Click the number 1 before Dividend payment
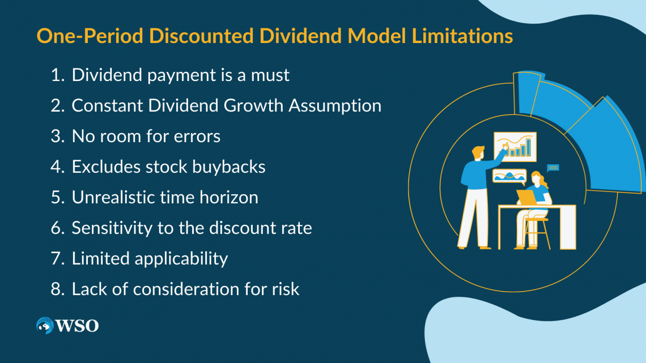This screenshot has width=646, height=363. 56,75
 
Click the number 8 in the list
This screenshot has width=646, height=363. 56,289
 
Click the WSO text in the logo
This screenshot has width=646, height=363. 77,326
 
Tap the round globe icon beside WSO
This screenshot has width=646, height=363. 45,326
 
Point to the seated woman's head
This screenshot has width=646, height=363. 537,179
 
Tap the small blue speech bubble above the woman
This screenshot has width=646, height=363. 552,168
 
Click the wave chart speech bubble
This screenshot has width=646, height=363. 509,176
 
